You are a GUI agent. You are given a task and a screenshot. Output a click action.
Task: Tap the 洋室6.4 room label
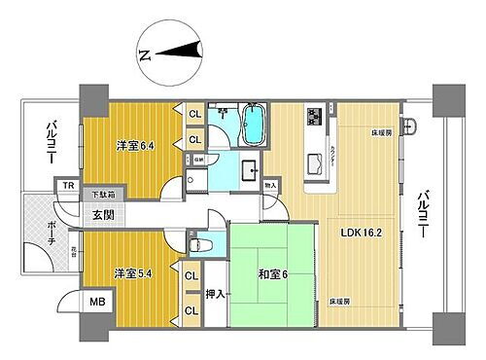[x=133, y=146]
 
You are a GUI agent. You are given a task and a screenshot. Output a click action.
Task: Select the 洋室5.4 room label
[x=133, y=273]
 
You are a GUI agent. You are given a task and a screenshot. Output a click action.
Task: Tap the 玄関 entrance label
[x=105, y=214]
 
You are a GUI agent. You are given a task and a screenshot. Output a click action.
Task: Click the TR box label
[x=67, y=185]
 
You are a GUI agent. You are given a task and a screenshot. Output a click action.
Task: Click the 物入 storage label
[x=270, y=185]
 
